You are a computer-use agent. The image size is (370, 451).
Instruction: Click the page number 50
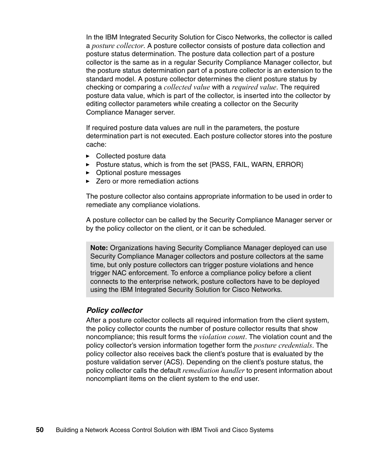tap(40, 430)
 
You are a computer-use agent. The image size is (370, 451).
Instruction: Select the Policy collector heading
tap(114, 310)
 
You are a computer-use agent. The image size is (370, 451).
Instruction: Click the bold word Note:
tap(99, 248)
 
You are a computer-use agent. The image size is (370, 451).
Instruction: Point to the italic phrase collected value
tap(187, 87)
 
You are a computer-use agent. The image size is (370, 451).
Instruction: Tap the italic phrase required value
tap(254, 87)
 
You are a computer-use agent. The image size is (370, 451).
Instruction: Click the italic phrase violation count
tap(222, 337)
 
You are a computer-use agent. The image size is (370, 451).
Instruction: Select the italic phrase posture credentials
tap(283, 345)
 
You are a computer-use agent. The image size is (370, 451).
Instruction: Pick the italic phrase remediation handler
tap(213, 370)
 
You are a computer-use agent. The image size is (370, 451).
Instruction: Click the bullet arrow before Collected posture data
tap(88, 156)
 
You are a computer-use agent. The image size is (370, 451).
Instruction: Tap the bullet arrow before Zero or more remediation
tap(88, 182)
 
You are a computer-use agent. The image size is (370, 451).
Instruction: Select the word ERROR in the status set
tap(289, 165)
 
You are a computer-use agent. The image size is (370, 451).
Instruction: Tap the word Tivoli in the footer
tap(211, 430)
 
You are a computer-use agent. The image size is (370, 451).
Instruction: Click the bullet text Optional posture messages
tap(138, 173)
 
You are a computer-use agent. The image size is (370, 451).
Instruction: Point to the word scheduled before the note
tap(249, 228)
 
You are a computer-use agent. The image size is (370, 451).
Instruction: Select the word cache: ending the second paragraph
tap(96, 144)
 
